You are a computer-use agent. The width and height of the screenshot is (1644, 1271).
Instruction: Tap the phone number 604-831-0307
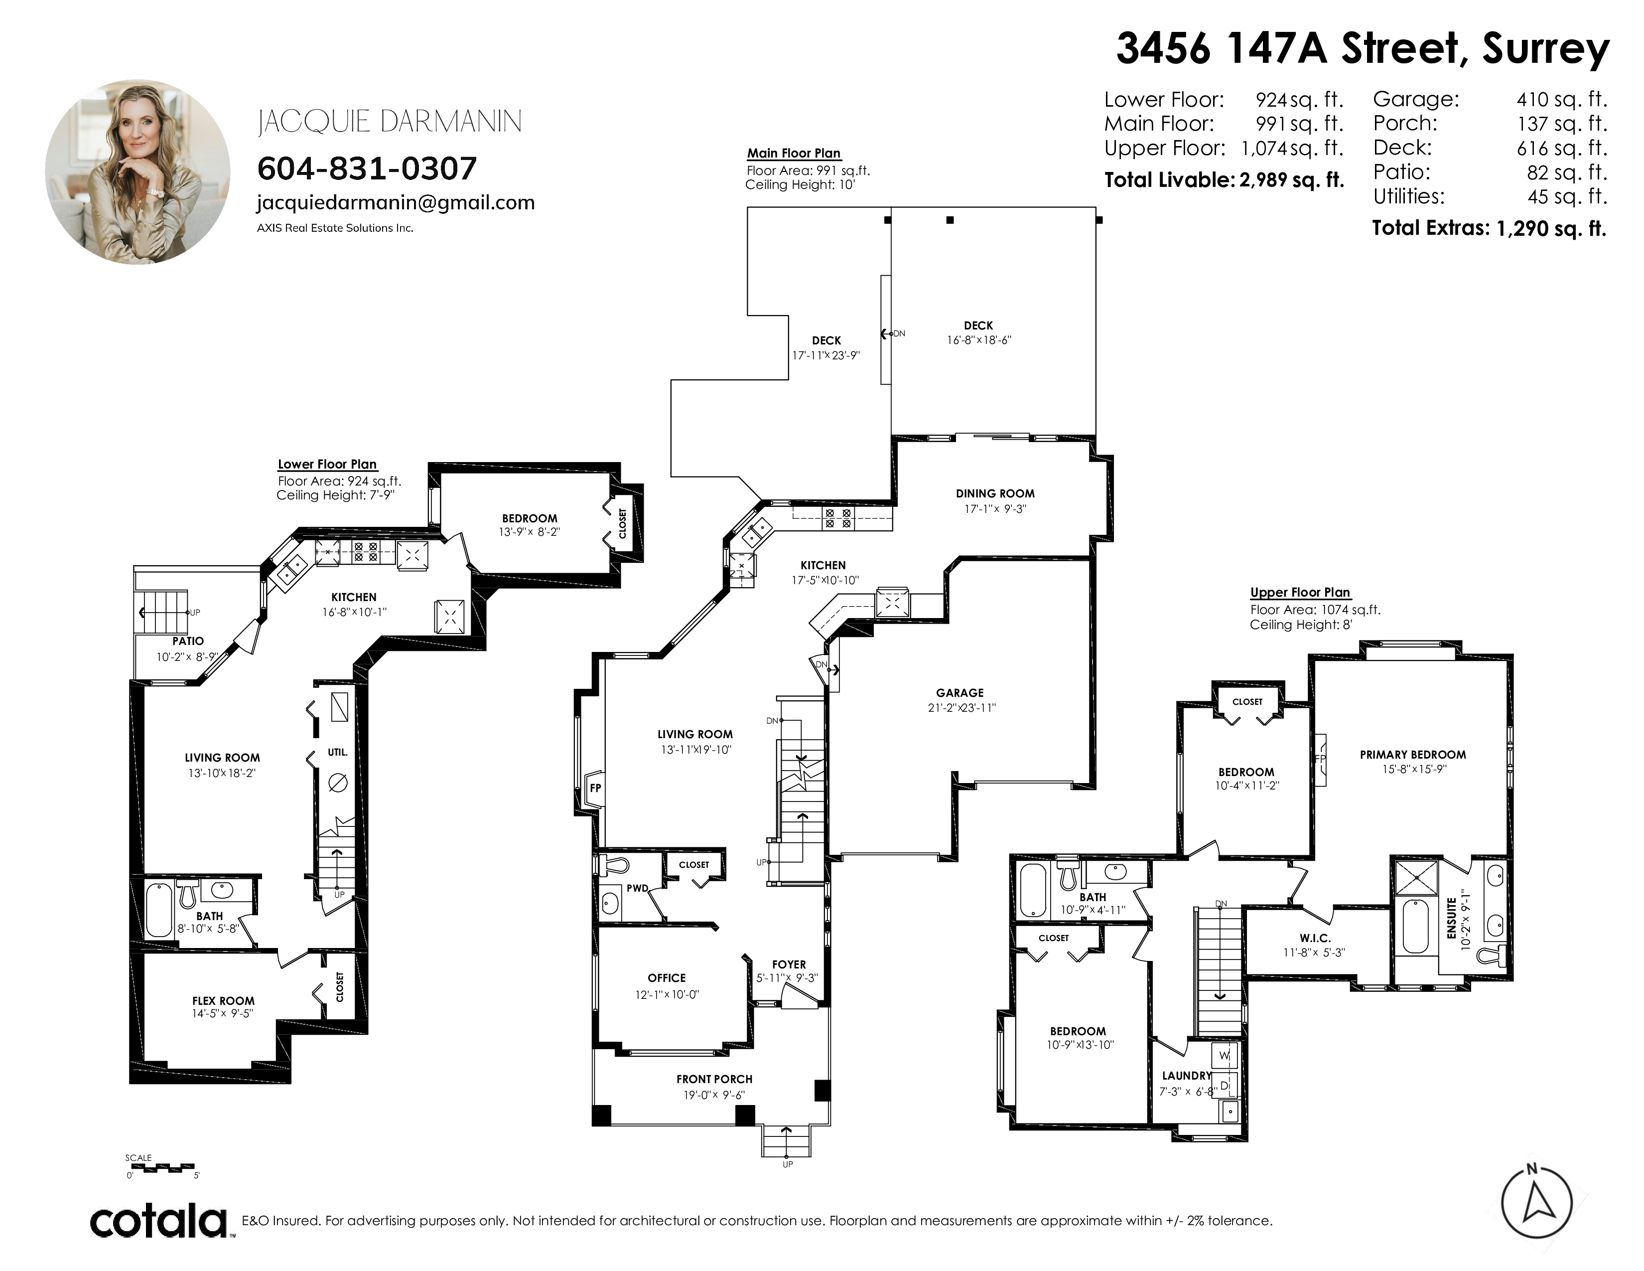(367, 168)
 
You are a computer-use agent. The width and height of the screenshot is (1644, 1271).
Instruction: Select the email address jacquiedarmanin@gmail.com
(396, 202)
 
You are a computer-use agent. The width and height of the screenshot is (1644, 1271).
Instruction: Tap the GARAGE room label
(960, 693)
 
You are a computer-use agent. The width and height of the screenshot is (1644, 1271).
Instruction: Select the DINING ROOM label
(995, 494)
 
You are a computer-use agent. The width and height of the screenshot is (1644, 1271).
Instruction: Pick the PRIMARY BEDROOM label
(1413, 755)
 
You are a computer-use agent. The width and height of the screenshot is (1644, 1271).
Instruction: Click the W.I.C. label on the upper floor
(1315, 938)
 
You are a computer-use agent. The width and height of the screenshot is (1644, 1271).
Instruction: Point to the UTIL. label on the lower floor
(337, 752)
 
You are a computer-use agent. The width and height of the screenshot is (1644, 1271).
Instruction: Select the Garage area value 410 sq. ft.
(1562, 99)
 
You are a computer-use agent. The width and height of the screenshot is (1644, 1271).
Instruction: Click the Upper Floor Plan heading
(1300, 593)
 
